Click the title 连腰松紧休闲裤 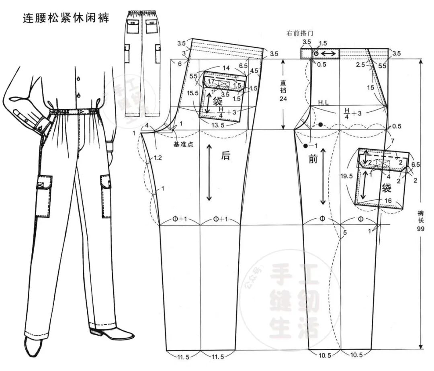coord(65,18)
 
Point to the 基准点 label coord(183,144)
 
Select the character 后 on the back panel coord(226,156)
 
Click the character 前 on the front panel coord(313,159)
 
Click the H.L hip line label coord(323,103)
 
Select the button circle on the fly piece coord(316,53)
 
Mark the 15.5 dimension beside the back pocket coord(193,93)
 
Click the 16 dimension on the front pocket coord(388,200)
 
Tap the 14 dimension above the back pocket coord(226,68)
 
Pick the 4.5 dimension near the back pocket coord(254,71)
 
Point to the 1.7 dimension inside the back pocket coord(211,81)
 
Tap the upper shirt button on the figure coord(79,76)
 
